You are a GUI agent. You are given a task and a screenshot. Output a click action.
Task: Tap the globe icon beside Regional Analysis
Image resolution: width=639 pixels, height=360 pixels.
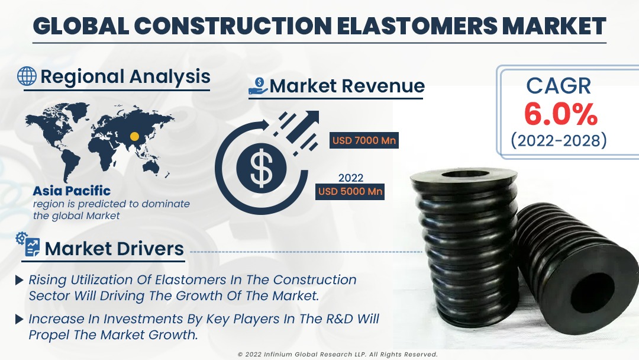click(x=27, y=76)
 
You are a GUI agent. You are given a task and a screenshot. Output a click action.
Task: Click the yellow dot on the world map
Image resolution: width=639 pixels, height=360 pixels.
click(x=134, y=137)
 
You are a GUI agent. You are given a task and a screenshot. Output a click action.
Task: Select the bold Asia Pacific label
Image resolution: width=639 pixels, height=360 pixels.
click(x=72, y=191)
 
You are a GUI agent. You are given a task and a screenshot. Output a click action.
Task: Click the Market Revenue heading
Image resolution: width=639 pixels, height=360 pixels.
click(x=347, y=86)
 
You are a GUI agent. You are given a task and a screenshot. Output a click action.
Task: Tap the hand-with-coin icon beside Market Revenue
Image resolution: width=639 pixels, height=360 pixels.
click(x=258, y=86)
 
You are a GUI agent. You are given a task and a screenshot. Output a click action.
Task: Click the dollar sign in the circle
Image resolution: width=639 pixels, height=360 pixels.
click(x=260, y=167)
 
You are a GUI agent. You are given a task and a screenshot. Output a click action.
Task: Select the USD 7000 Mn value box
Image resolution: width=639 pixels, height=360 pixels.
click(x=363, y=141)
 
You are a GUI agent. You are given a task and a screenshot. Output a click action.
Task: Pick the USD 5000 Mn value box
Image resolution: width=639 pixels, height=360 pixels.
click(x=350, y=191)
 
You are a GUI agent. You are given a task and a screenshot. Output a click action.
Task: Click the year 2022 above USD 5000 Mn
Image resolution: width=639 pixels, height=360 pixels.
click(x=350, y=178)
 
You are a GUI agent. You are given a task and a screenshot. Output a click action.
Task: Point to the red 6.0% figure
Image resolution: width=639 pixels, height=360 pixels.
click(x=560, y=114)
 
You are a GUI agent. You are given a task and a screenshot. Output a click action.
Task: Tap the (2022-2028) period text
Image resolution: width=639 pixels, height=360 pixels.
click(x=559, y=141)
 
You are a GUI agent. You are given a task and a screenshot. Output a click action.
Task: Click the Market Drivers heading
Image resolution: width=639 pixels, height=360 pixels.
click(x=114, y=249)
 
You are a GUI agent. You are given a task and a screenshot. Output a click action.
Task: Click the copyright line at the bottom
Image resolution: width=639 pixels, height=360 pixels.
click(x=337, y=354)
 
